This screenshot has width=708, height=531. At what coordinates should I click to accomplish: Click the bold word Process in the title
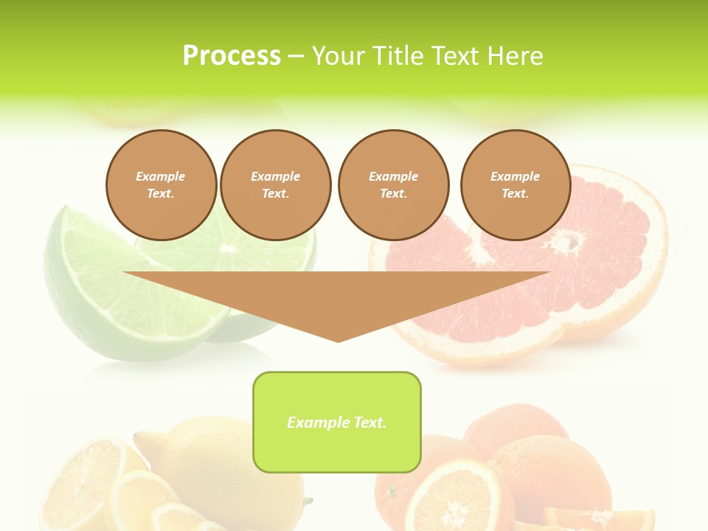pos(232,56)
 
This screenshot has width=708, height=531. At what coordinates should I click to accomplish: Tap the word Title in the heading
pos(400,56)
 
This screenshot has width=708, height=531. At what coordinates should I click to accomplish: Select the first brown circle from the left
pos(161,185)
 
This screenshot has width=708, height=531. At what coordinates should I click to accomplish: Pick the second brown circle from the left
pos(275,185)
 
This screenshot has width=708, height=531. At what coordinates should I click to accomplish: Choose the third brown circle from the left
pos(393,185)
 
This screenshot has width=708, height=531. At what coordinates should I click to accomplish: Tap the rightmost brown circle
pos(515,185)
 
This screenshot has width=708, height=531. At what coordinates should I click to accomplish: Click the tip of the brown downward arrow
pos(339,340)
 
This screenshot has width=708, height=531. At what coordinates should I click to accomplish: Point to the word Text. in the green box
pos(369,423)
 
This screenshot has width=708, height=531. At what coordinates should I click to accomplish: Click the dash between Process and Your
pos(296,57)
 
